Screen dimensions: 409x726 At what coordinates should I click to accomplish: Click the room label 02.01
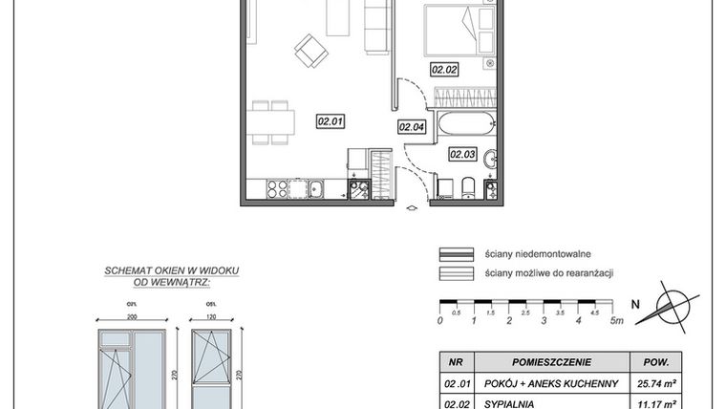click(331, 120)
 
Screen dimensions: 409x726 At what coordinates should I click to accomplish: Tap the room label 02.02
click(445, 69)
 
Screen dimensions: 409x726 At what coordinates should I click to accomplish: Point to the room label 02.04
click(411, 125)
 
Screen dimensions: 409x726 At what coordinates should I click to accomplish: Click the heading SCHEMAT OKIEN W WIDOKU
click(158, 272)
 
